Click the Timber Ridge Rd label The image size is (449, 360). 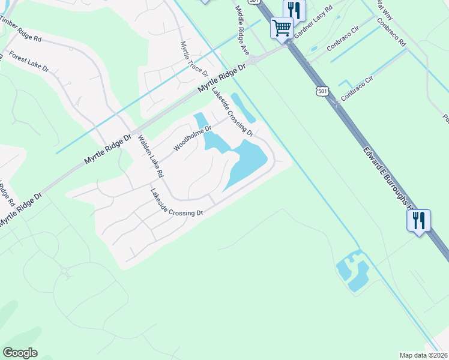tap(22, 30)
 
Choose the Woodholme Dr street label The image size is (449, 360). tap(193, 139)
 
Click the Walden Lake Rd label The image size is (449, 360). tap(151, 156)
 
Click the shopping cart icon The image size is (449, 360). tap(282, 28)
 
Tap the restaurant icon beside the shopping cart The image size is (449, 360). tap(294, 10)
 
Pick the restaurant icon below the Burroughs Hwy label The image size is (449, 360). tap(418, 221)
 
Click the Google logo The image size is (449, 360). tap(20, 353)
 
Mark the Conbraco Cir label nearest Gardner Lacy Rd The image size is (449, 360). tap(343, 43)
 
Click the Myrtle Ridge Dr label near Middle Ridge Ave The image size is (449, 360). tap(222, 79)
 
